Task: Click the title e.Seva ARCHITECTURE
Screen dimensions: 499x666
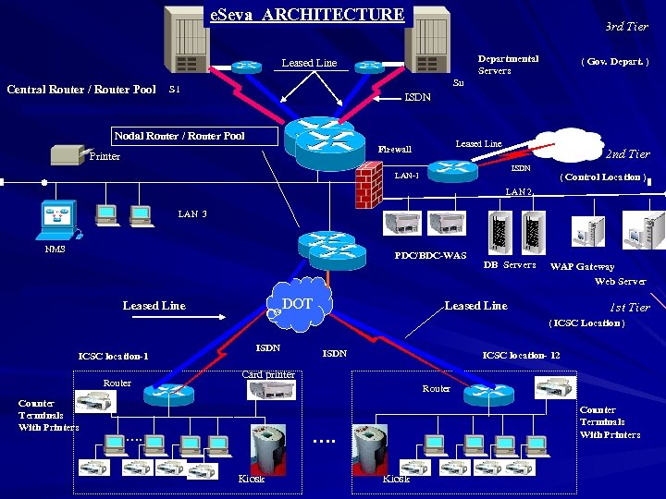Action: click(307, 15)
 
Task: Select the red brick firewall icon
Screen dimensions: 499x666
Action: click(368, 185)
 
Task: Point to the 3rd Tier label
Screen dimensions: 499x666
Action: click(626, 27)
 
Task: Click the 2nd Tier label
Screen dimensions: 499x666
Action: click(627, 154)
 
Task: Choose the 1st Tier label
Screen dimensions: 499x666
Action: click(628, 308)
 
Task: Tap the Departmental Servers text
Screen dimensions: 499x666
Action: click(508, 65)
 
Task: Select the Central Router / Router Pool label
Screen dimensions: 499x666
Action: click(81, 90)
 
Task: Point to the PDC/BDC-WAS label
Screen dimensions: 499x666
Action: click(430, 256)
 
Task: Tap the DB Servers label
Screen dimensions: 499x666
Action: click(510, 265)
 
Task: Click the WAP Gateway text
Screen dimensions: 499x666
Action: click(582, 267)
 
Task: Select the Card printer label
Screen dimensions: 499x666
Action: click(267, 374)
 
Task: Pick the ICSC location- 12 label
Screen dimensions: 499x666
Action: click(521, 356)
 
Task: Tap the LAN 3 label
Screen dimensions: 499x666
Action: click(192, 214)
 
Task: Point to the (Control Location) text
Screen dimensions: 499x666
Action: click(603, 176)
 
